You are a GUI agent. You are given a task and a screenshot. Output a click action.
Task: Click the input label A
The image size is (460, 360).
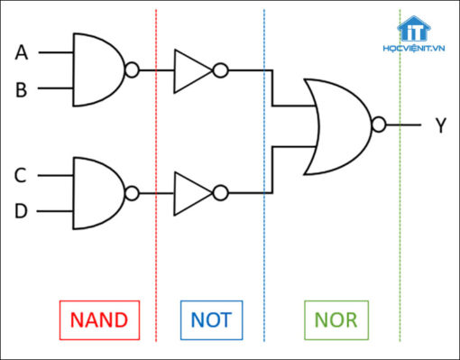tap(22, 53)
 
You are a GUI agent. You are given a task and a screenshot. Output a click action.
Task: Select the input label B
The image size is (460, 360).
tap(22, 89)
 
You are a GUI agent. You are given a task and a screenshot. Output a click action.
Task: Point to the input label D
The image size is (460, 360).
tap(22, 211)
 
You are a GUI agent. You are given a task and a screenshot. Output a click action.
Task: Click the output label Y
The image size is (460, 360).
tap(440, 126)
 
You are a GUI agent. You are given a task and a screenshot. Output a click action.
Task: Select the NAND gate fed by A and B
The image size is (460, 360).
tap(97, 69)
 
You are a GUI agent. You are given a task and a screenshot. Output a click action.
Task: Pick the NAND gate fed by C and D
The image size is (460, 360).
tap(97, 193)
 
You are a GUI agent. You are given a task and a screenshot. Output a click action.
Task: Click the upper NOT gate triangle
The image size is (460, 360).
tap(190, 69)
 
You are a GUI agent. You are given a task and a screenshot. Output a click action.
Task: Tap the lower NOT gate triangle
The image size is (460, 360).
tap(190, 193)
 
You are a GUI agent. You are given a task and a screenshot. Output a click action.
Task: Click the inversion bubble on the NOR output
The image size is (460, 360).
tap(379, 126)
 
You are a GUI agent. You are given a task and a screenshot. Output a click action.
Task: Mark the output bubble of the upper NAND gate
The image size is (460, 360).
tap(133, 69)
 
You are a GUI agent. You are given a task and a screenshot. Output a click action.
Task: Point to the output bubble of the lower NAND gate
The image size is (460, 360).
tap(133, 193)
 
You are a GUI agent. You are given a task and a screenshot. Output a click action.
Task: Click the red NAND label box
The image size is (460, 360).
tap(99, 318)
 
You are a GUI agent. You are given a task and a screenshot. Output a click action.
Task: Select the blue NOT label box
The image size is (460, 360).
tap(210, 318)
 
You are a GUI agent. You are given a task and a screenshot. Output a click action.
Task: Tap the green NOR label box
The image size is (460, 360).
tap(335, 318)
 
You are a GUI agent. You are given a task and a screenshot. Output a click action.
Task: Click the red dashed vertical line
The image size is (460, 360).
tap(156, 262)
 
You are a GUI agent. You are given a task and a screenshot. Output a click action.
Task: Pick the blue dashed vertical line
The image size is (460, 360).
tap(264, 262)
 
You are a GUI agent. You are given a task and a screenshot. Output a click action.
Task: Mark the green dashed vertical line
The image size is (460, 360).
tap(400, 262)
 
